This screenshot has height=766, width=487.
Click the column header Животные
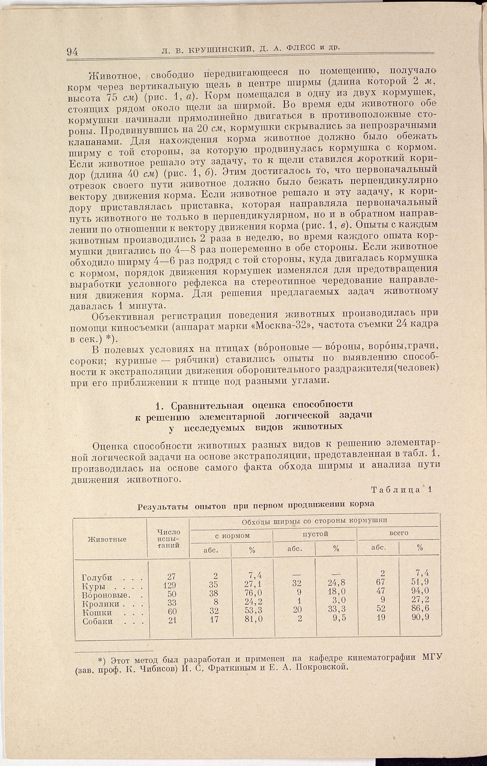(107, 539)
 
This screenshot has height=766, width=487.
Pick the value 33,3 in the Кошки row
(337, 609)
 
